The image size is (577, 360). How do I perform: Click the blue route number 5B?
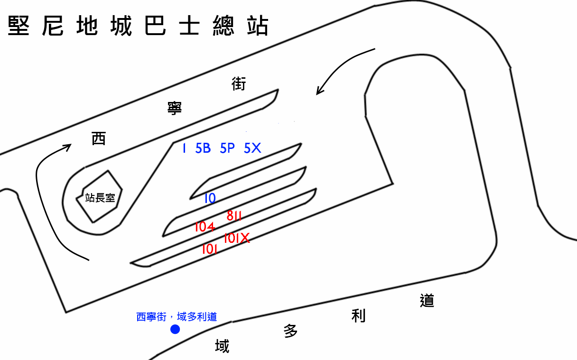coord(203,148)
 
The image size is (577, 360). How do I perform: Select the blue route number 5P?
coord(227,148)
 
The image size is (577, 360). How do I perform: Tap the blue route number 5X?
coord(252,148)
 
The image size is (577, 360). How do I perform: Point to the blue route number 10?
coord(210,198)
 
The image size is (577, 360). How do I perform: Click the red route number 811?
coord(234,216)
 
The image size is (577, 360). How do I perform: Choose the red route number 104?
coord(205,227)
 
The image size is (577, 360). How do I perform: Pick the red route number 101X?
coord(236,238)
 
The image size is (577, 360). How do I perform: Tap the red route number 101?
coord(209,249)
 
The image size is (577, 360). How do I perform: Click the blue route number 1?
coord(184,148)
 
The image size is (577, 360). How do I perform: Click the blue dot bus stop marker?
coord(175,329)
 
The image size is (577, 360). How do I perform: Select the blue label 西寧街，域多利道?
coord(177,316)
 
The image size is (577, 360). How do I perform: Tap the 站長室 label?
coord(100,197)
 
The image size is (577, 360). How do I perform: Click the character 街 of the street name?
coord(239,84)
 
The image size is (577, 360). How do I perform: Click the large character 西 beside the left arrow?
coord(99,138)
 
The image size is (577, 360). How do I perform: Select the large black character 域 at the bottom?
coord(222,346)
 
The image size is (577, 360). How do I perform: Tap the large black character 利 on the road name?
coord(358,315)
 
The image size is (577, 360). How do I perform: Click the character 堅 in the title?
coord(19,26)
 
